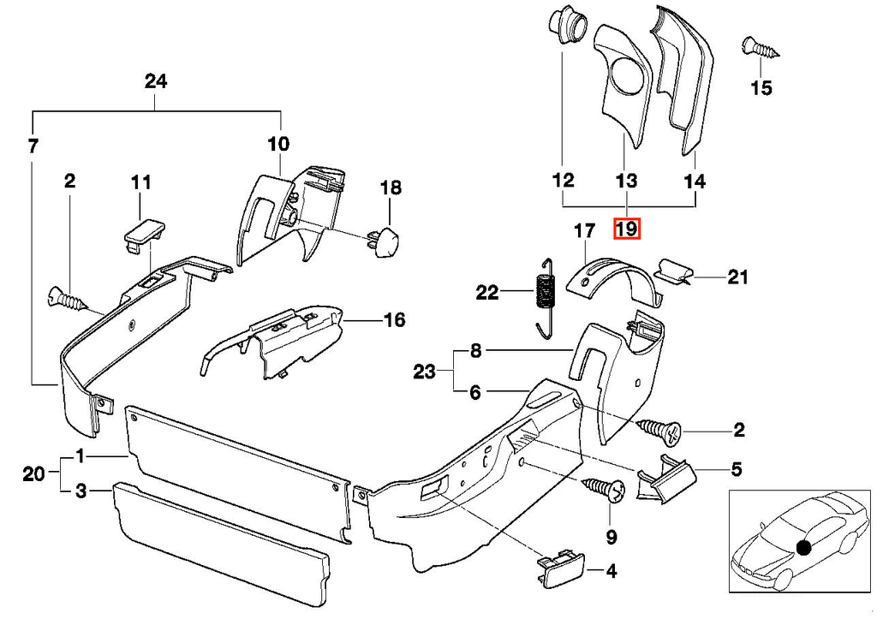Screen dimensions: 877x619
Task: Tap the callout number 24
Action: point(156,81)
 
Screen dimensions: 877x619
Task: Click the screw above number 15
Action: point(761,48)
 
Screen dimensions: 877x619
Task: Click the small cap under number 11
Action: point(143,235)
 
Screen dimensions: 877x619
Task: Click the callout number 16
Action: point(394,320)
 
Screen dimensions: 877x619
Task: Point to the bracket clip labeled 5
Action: point(665,478)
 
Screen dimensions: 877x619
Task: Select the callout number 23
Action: point(424,372)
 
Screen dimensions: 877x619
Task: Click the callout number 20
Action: point(33,474)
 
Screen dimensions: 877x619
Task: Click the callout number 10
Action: point(278,144)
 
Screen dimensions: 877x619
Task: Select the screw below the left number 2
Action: point(69,298)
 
